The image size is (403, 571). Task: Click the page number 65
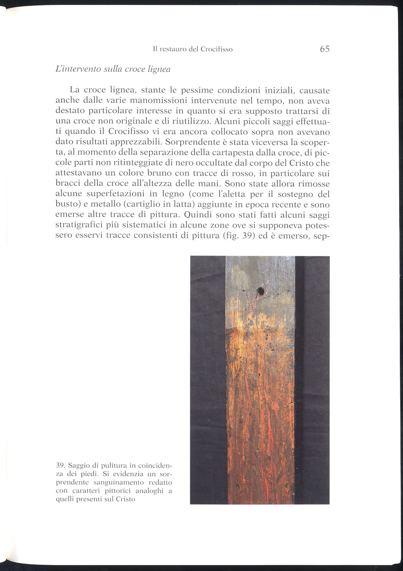[x=324, y=49]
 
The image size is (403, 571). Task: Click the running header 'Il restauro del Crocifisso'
[x=193, y=50]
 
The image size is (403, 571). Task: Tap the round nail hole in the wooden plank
[x=260, y=291]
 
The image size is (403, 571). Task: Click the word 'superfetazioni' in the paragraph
[x=112, y=194]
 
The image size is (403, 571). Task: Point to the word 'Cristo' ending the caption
[x=126, y=500]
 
